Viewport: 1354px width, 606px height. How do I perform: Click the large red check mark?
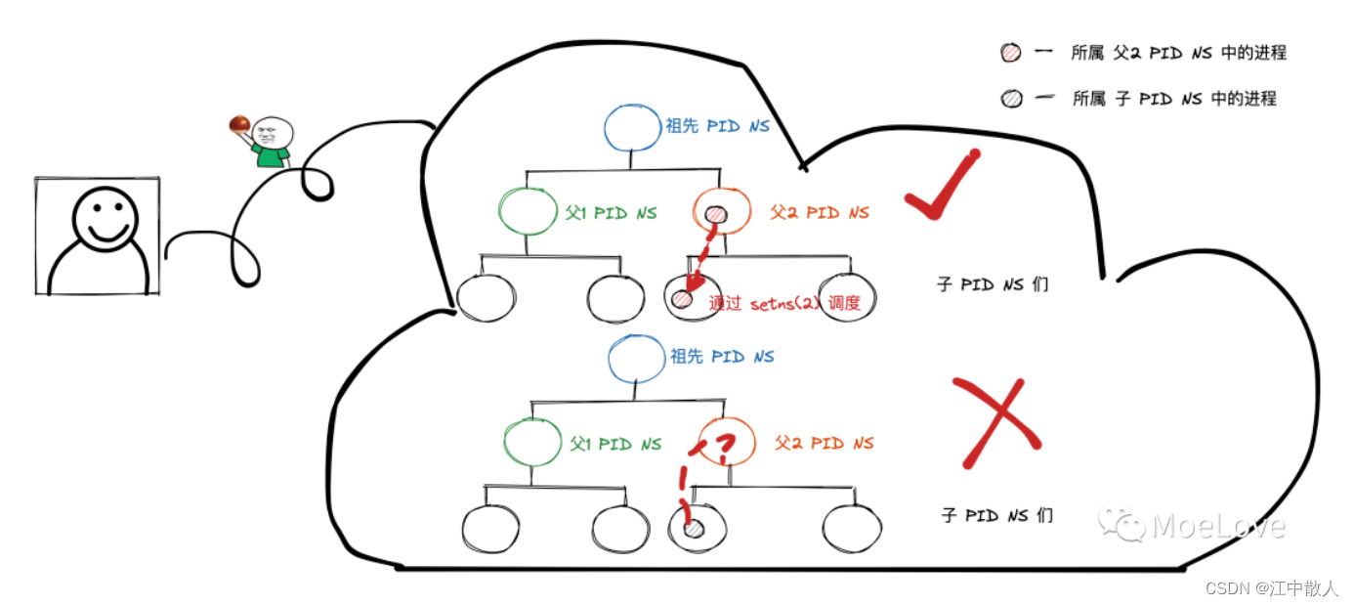[941, 185]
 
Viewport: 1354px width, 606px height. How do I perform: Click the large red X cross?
[996, 423]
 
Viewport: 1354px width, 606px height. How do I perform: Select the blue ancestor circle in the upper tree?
[632, 128]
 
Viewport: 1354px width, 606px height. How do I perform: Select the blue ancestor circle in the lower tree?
[637, 359]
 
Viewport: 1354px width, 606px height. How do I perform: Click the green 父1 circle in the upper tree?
[528, 211]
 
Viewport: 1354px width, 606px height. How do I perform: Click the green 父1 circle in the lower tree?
[532, 442]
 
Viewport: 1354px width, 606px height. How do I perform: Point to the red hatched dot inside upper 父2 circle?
[716, 214]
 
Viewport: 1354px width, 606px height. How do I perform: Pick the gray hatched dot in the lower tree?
[694, 529]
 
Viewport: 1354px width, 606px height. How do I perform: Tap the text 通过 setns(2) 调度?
[784, 302]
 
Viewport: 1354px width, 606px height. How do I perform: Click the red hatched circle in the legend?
[1011, 53]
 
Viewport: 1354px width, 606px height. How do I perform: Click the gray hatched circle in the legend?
[1011, 98]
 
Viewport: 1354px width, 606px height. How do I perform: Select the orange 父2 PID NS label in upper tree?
[820, 212]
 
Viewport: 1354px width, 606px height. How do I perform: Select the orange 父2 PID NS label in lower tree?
[825, 444]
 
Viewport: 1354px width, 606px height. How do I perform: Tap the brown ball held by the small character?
[239, 123]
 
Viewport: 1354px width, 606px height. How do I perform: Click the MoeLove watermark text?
[1218, 526]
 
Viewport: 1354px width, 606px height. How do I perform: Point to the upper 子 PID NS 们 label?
[993, 284]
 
